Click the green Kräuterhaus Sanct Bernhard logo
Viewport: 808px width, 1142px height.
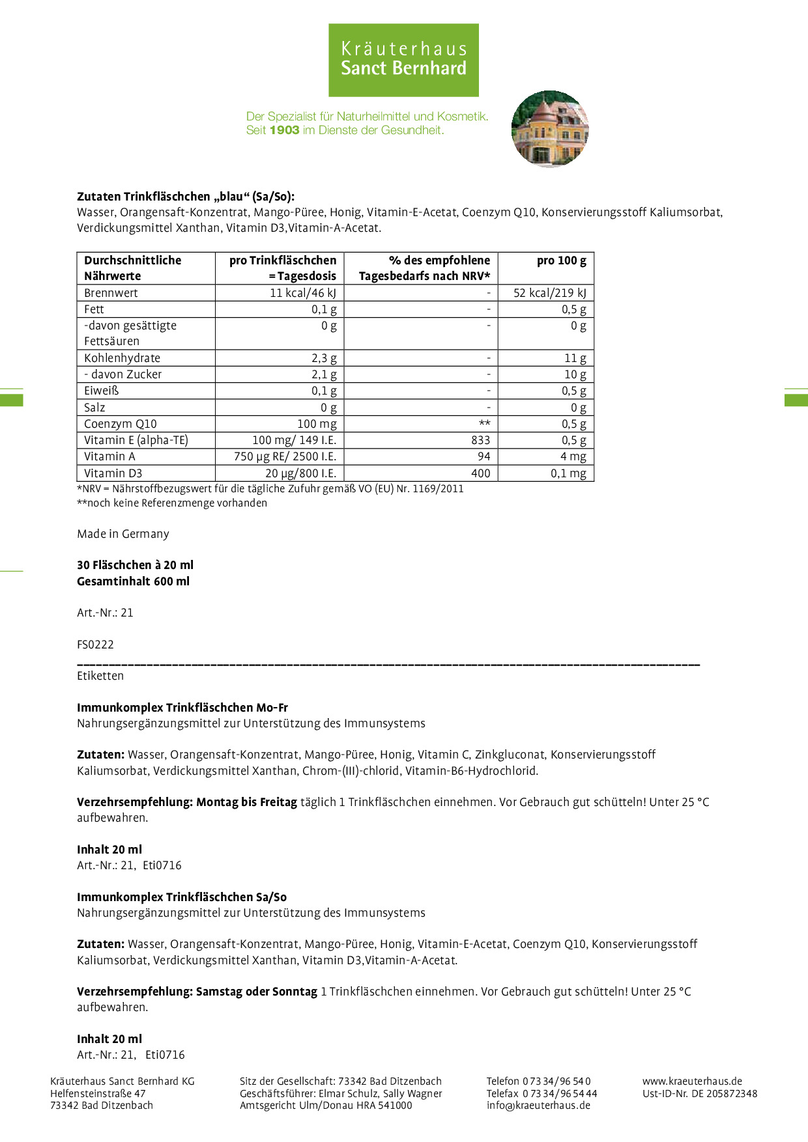pos(403,60)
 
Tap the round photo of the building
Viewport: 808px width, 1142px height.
pos(550,129)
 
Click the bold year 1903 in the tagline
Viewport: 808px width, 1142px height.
pos(284,130)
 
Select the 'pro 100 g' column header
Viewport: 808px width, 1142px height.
pos(561,260)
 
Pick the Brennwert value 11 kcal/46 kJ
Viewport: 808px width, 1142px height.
pos(303,293)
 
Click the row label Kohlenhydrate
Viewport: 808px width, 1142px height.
pos(122,358)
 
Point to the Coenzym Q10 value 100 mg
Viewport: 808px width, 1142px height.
pos(317,424)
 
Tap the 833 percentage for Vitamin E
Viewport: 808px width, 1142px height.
pos(480,440)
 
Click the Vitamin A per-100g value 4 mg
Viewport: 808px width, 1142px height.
pos(573,456)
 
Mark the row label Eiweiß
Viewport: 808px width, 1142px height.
pos(102,391)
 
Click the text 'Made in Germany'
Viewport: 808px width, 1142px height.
pos(123,534)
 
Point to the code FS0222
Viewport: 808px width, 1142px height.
pos(95,645)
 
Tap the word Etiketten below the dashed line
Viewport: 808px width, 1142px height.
pos(100,676)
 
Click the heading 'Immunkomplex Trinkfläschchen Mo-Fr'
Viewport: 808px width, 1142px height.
pos(182,708)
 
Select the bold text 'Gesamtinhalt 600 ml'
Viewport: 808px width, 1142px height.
pos(133,581)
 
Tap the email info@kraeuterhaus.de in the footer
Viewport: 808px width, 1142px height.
pos(538,1105)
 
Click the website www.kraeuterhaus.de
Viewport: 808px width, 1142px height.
pos(692,1081)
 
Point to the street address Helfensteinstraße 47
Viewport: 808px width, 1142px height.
pos(98,1093)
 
